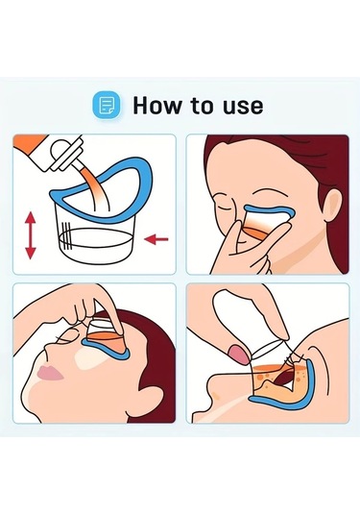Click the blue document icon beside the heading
pyautogui.click(x=107, y=106)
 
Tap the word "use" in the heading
pyautogui.click(x=243, y=107)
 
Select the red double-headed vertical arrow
pyautogui.click(x=31, y=235)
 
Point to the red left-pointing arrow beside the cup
pyautogui.click(x=156, y=239)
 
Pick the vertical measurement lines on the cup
pyautogui.click(x=66, y=235)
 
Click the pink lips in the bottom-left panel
pyautogui.click(x=50, y=374)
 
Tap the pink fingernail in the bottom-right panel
pyautogui.click(x=238, y=354)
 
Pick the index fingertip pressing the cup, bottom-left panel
pyautogui.click(x=119, y=329)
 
